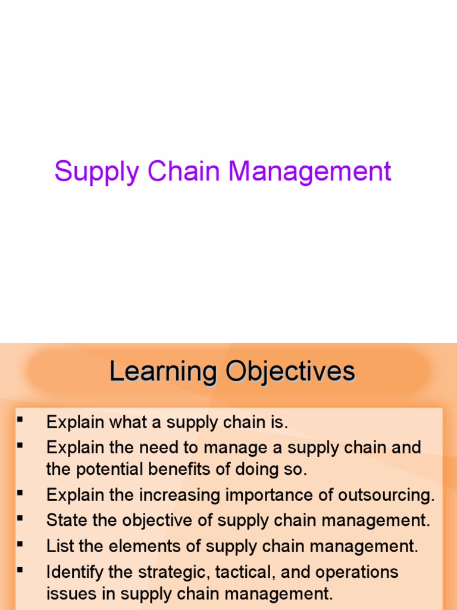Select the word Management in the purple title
(x=310, y=173)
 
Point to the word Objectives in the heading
(x=290, y=372)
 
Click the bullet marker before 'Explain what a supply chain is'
(x=20, y=421)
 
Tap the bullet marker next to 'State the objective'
(x=20, y=518)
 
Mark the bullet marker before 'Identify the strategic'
(x=20, y=569)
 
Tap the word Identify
(x=73, y=572)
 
